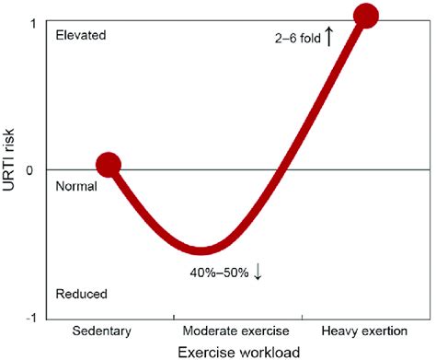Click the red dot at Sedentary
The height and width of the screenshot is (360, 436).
click(109, 165)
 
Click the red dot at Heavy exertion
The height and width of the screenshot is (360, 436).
click(366, 16)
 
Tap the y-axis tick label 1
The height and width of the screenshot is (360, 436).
click(34, 22)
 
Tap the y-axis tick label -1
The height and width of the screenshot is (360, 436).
click(31, 318)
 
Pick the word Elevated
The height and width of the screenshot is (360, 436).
click(81, 35)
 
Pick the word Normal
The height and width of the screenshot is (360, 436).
click(77, 185)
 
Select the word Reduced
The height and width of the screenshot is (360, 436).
click(81, 294)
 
